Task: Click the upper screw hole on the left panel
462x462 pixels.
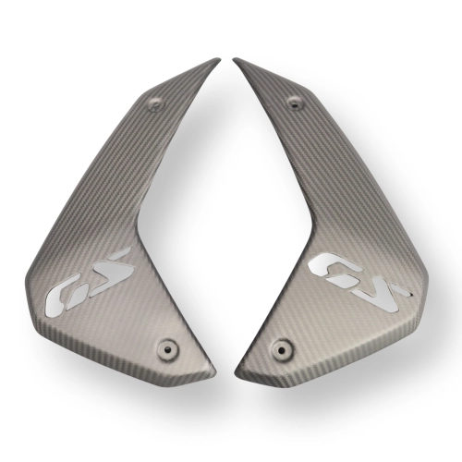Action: point(155,103)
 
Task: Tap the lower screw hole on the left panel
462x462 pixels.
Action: point(167,349)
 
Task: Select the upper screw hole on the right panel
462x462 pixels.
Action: point(295,103)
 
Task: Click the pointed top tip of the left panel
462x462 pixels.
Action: point(220,59)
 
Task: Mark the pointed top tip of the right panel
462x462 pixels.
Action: point(233,58)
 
